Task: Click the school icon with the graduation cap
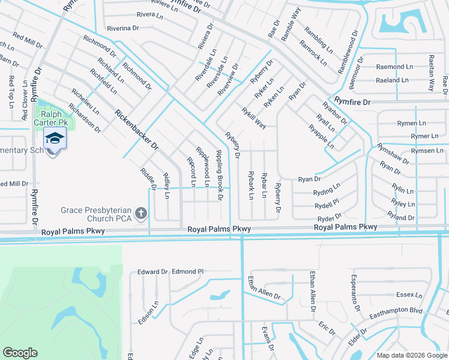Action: (54, 138)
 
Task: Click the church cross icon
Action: (140, 213)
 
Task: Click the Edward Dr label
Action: (152, 272)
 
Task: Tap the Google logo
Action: (20, 353)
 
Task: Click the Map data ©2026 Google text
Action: (411, 355)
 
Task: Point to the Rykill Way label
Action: (254, 117)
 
